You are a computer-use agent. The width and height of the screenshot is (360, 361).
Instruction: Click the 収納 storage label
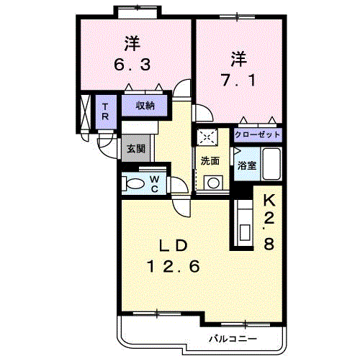145,106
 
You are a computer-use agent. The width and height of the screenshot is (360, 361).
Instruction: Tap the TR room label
105,111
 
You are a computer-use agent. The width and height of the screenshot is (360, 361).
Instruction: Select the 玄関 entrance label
136,149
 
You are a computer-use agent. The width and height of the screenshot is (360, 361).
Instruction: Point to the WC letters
155,184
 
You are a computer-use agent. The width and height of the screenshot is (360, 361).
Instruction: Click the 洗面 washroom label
210,161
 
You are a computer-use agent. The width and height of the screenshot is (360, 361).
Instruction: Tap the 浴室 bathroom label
247,165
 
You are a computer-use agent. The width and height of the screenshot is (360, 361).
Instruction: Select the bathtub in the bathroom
271,164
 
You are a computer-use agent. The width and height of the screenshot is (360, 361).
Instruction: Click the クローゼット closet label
258,134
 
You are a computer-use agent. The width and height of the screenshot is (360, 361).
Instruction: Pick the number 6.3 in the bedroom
132,65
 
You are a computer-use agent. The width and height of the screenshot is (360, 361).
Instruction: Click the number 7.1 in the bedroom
238,81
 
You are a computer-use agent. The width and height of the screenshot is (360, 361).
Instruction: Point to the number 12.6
174,267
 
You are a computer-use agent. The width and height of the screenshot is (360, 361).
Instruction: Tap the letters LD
174,245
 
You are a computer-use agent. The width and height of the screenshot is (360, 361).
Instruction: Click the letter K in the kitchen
269,200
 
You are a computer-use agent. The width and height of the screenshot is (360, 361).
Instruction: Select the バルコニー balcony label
233,339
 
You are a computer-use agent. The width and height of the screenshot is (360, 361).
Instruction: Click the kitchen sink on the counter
246,234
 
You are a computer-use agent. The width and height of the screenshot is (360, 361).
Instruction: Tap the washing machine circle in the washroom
213,183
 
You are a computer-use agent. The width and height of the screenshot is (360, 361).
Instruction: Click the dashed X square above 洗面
207,137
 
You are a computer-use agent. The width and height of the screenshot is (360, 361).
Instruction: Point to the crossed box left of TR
85,112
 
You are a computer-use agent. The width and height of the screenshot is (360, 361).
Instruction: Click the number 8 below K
269,245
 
